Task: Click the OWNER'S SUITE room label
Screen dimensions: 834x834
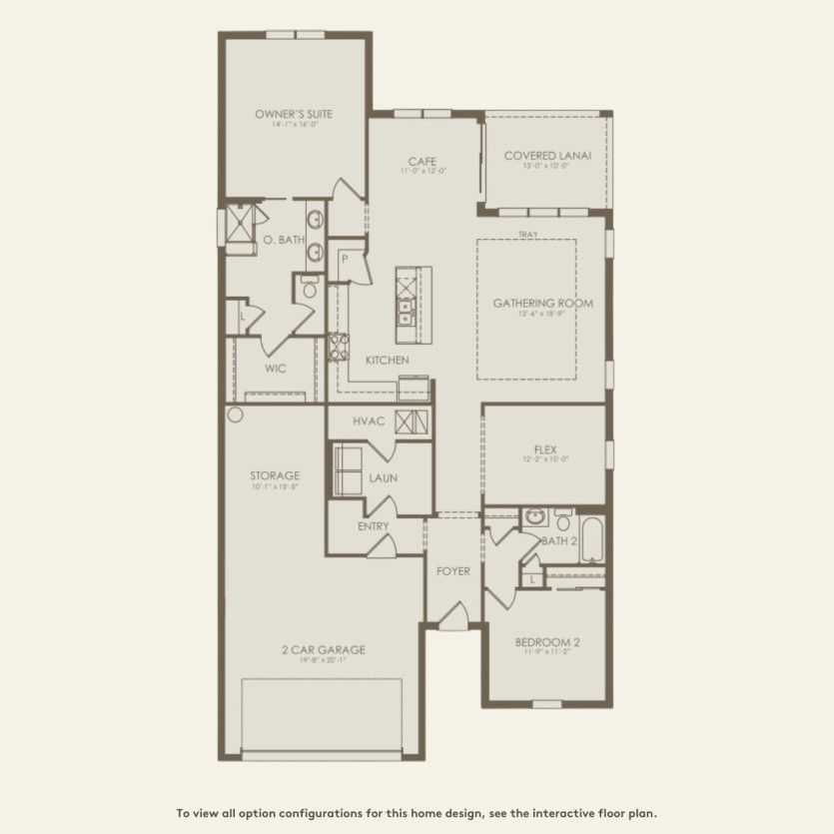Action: pos(294,114)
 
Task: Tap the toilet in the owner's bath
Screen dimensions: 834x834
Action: pos(309,290)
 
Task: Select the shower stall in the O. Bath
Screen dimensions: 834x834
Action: pos(239,223)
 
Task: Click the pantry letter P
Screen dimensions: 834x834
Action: pos(344,258)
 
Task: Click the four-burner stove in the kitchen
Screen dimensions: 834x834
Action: pos(339,349)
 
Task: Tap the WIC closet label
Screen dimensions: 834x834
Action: pos(276,369)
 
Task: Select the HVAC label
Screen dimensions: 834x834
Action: pos(369,421)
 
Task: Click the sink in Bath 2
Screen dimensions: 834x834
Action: pos(535,517)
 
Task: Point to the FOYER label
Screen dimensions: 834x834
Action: pos(453,571)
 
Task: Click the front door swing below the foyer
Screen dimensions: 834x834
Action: pos(452,617)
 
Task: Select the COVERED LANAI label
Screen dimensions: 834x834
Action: pos(547,156)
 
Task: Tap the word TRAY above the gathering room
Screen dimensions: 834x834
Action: pos(527,235)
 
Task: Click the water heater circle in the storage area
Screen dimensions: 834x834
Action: pos(235,415)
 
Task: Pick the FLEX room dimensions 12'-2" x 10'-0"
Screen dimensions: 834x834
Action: pos(545,460)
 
